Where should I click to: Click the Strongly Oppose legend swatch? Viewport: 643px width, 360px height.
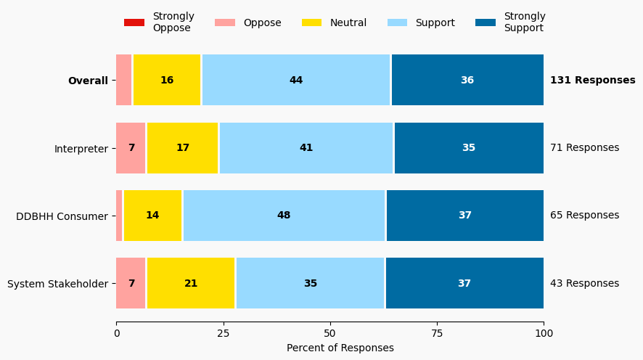134,22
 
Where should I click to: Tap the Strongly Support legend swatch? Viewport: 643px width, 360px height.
486,22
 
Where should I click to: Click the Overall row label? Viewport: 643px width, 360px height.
88,81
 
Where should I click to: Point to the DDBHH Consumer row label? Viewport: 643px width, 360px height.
62,216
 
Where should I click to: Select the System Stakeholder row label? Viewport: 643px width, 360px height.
57,284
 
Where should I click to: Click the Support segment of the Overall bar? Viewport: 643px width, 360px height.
296,81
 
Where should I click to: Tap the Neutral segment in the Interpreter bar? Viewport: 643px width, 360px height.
183,148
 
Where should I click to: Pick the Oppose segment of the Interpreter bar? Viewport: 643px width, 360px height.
131,148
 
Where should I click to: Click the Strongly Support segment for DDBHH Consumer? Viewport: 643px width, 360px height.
464,216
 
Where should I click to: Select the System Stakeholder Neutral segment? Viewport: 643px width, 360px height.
191,284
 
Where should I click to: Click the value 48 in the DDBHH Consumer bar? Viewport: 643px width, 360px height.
284,216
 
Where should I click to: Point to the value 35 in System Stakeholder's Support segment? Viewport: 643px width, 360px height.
311,284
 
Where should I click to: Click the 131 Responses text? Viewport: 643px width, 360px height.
592,81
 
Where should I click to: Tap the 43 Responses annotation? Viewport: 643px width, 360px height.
584,284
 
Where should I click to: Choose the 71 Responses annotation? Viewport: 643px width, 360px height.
584,148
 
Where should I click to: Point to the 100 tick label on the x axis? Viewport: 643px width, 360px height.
544,333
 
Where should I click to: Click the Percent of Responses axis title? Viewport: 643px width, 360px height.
340,348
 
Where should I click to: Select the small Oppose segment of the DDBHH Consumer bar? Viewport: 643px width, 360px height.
120,216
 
